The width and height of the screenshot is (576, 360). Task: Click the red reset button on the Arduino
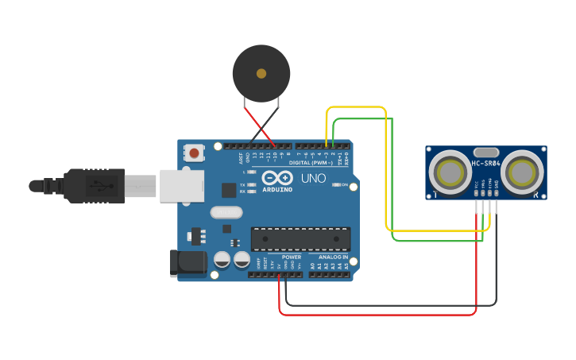(194, 152)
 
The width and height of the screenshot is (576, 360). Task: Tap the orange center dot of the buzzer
(261, 73)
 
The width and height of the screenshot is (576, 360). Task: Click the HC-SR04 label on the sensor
(485, 163)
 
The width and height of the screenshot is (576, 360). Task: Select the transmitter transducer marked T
(450, 171)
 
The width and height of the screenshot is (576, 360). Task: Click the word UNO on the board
(313, 178)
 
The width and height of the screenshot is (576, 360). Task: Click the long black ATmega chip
(300, 238)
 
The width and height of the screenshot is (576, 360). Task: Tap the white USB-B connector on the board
(182, 185)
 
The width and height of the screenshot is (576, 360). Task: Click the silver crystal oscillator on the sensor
(485, 152)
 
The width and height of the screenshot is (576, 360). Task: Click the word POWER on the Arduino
(292, 257)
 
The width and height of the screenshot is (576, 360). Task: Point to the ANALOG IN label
(333, 257)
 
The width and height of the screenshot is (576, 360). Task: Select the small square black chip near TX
(229, 190)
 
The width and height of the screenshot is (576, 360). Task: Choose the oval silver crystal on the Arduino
(226, 213)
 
